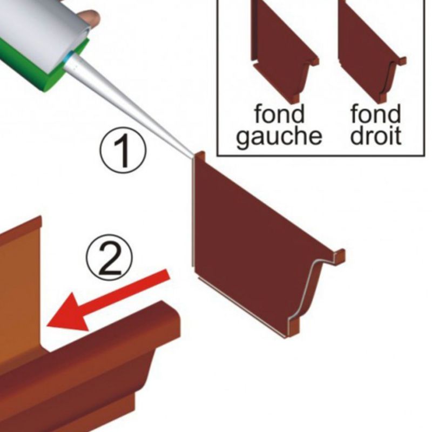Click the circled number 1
pyautogui.click(x=123, y=151)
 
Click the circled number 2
pyautogui.click(x=110, y=257)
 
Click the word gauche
pyautogui.click(x=279, y=137)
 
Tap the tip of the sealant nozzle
pyautogui.click(x=192, y=157)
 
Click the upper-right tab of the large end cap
pyautogui.click(x=340, y=255)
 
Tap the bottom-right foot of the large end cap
pyautogui.click(x=293, y=328)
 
